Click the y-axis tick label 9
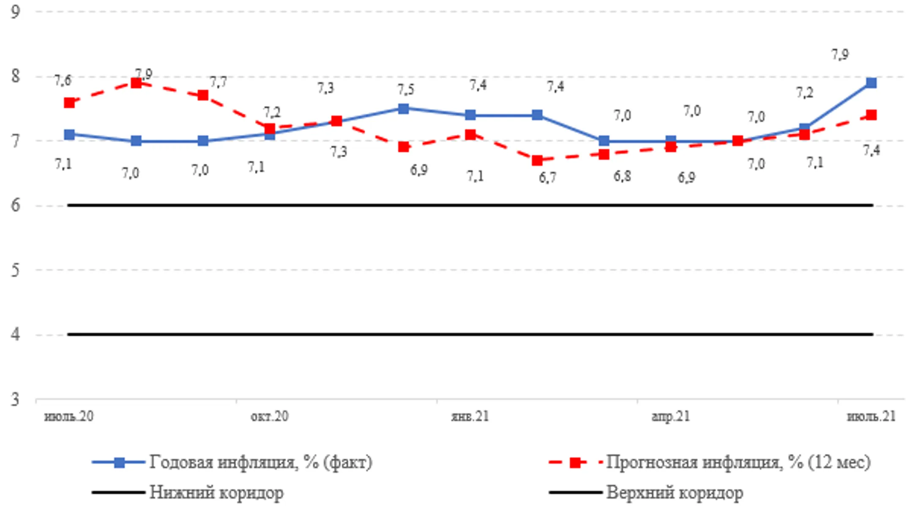click(x=15, y=12)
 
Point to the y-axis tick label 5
click(x=15, y=270)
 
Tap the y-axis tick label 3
click(x=15, y=399)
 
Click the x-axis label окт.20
click(x=269, y=416)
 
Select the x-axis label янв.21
click(x=470, y=416)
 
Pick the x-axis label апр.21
click(x=670, y=416)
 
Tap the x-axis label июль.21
click(x=871, y=416)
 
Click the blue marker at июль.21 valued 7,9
click(x=871, y=83)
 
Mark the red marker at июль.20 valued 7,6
click(x=69, y=103)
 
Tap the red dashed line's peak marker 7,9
click(x=136, y=83)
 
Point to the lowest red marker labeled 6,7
click(x=537, y=160)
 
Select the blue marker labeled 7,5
click(x=404, y=109)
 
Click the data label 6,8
click(x=622, y=176)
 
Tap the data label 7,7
click(x=219, y=82)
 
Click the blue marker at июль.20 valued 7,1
click(x=69, y=135)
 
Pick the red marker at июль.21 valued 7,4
click(x=871, y=115)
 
